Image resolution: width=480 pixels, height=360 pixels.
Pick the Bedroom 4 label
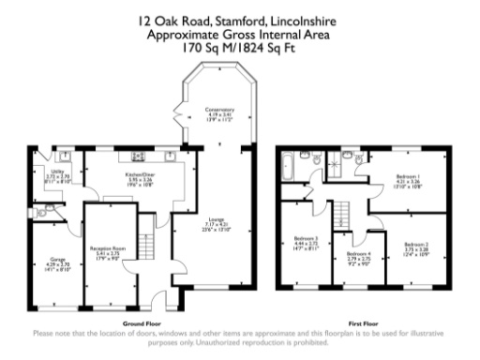click(x=358, y=256)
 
